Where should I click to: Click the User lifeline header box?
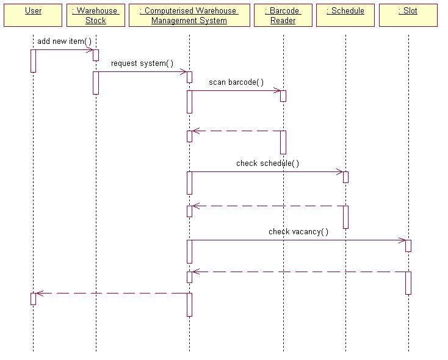[x=33, y=15]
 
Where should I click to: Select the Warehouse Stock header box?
[x=95, y=15]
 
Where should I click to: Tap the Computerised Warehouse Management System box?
[x=189, y=15]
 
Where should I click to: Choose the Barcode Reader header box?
[x=283, y=15]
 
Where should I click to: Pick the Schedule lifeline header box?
[x=345, y=15]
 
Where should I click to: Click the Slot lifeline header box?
[x=408, y=15]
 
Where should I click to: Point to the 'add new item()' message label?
[x=64, y=41]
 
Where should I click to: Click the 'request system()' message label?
[x=142, y=63]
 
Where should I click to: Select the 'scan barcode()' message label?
[x=236, y=82]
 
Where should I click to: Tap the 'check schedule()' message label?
[x=267, y=163]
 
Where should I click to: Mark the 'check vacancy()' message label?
[x=298, y=231]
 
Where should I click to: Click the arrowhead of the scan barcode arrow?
[x=277, y=90]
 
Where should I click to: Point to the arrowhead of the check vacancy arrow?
[x=402, y=240]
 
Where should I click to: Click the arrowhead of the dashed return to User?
[x=40, y=293]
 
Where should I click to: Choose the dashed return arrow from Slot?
[x=299, y=272]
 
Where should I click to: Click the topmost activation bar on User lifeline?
[x=33, y=60]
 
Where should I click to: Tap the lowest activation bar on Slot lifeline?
[x=408, y=283]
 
